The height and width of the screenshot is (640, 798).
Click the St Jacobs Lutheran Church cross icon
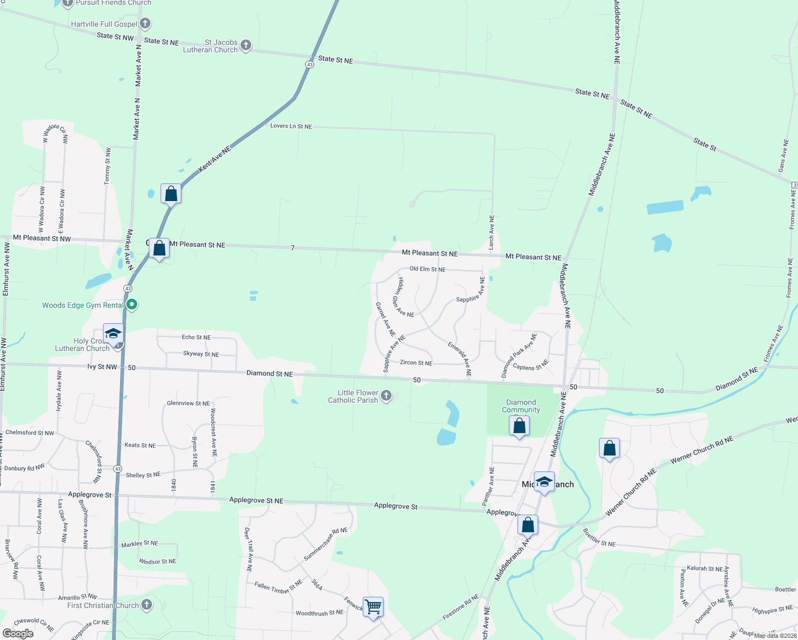[246, 45]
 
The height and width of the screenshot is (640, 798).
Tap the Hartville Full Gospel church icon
[145, 23]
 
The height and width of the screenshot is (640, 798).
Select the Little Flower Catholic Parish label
[353, 396]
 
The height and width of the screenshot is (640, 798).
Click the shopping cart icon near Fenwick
[373, 606]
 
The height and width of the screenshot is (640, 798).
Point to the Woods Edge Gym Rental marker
[132, 305]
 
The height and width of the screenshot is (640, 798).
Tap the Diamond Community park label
[521, 406]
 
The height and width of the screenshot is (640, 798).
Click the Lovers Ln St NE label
[291, 126]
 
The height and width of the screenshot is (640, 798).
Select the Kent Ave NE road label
[214, 159]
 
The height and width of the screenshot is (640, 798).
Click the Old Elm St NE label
[427, 269]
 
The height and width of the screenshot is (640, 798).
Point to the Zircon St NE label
[416, 363]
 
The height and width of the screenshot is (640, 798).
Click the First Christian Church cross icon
[147, 605]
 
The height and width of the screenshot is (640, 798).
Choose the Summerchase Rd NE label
[325, 544]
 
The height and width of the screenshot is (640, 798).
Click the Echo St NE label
[196, 337]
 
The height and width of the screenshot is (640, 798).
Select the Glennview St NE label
[188, 403]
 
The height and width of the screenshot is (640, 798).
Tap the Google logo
[18, 634]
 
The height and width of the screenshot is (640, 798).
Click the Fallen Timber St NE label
[278, 587]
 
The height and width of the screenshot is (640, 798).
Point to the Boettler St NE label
[599, 538]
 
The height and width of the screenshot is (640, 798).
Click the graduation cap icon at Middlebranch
[544, 482]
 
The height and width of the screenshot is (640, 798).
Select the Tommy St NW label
[107, 166]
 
